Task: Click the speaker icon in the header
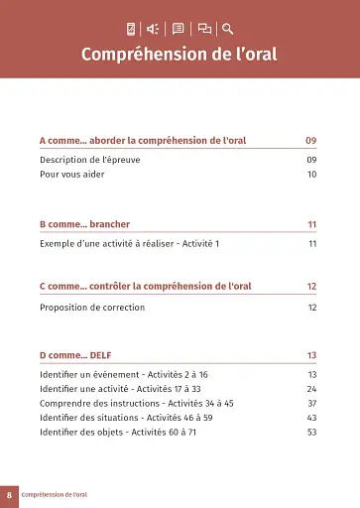point(154,29)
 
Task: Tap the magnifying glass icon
point(228,29)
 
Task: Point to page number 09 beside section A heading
point(310,141)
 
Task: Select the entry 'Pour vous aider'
point(72,174)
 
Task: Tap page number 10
point(311,174)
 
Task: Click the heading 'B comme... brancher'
point(84,224)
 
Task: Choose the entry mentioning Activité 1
point(129,243)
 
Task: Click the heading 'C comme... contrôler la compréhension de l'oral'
point(145,287)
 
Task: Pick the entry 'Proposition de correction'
point(92,308)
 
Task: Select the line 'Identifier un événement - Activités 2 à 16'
point(123,374)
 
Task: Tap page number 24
point(311,389)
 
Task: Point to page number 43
point(311,418)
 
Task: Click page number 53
point(311,432)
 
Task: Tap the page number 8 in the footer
point(9,494)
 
